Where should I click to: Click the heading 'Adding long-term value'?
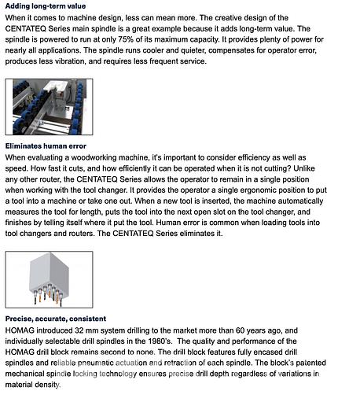click(x=46, y=6)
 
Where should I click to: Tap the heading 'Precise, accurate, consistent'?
click(x=55, y=319)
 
